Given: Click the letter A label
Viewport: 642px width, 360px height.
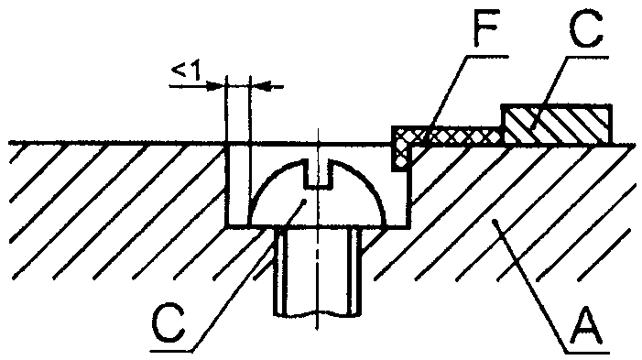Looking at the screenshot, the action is pyautogui.click(x=589, y=327).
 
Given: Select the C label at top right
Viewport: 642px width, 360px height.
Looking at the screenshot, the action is pyautogui.click(x=586, y=28).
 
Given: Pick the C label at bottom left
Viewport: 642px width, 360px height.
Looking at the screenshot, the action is pyautogui.click(x=169, y=324).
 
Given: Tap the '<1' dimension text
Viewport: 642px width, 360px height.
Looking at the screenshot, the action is pyautogui.click(x=186, y=71).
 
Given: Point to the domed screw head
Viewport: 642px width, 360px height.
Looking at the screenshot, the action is pyautogui.click(x=319, y=192).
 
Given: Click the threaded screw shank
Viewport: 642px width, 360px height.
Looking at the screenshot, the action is pyautogui.click(x=318, y=271).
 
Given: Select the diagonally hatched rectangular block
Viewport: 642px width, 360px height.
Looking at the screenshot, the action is pyautogui.click(x=557, y=124).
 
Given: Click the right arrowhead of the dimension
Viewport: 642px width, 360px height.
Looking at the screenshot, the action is pyautogui.click(x=260, y=86).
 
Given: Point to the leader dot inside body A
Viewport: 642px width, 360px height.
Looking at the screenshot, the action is pyautogui.click(x=495, y=222).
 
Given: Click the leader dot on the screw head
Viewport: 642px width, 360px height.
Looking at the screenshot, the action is pyautogui.click(x=303, y=201).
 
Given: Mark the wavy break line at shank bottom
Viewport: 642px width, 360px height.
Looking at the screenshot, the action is pyautogui.click(x=318, y=314).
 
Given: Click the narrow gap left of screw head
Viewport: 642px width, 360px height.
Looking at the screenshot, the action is pyautogui.click(x=237, y=184).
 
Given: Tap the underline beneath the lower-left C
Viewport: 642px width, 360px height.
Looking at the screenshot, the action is pyautogui.click(x=171, y=351).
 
